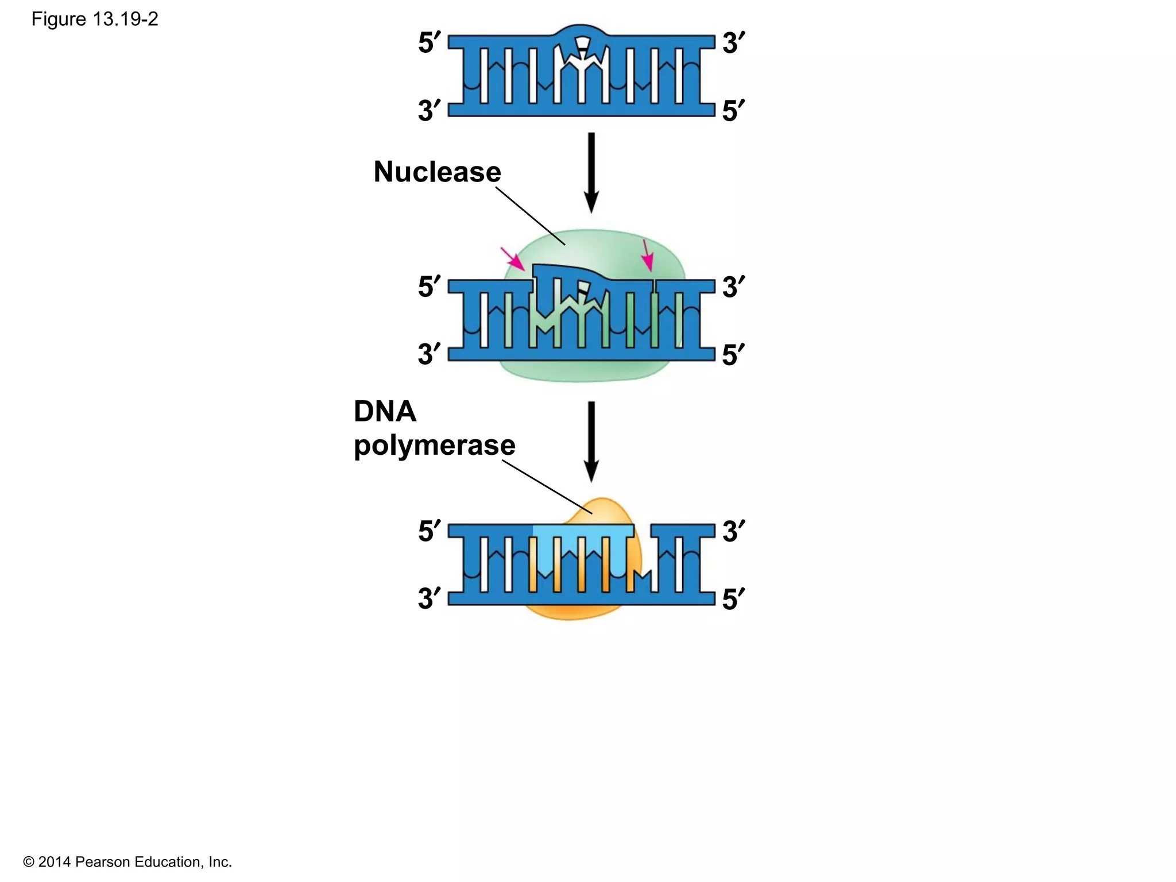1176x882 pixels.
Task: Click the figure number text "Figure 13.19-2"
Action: point(95,20)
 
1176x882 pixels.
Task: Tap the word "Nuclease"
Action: point(437,172)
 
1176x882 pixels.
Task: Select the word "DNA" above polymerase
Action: point(385,411)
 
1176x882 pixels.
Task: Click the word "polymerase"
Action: point(434,446)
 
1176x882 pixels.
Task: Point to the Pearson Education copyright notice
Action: point(127,862)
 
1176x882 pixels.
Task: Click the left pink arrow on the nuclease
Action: point(513,259)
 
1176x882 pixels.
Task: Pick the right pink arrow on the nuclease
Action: point(647,255)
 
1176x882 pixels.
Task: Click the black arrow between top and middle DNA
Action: point(591,172)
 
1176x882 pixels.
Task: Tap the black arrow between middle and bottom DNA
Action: point(591,441)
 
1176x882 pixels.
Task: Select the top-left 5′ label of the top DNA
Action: point(429,43)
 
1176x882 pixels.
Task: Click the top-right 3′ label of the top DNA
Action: point(733,43)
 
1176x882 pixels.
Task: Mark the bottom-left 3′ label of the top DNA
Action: point(429,110)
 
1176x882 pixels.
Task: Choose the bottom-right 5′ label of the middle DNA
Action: point(733,354)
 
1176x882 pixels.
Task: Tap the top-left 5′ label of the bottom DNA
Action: point(429,531)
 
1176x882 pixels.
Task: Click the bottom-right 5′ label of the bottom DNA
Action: point(733,599)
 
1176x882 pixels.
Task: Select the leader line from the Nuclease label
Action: point(530,216)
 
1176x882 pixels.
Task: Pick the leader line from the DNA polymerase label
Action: point(547,487)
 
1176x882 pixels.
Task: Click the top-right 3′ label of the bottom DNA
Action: point(733,531)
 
